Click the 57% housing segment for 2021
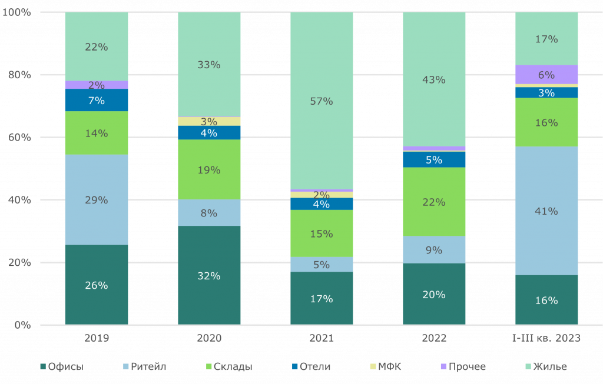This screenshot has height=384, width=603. coord(322,101)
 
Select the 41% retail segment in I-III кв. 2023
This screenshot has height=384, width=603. coord(546,211)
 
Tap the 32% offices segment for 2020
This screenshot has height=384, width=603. coord(209,275)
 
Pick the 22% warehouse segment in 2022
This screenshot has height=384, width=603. coord(434,202)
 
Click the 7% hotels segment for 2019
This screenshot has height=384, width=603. coord(97,101)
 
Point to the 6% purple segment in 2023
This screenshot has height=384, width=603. coord(546,75)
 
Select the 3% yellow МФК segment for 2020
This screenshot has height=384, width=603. coord(209,121)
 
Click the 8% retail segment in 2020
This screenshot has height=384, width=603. coord(209,213)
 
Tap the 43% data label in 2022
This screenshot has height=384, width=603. coord(434,80)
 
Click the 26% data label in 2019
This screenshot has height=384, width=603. coord(97,285)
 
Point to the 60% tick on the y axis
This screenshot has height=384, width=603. coord(19,138)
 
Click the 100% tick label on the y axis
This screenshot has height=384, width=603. coord(17,12)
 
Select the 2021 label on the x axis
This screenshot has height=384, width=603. coord(322,338)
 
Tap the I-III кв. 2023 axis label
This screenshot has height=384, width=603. coord(546,338)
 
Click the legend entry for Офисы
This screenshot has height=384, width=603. coord(61,367)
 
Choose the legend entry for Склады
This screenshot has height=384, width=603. coord(228,367)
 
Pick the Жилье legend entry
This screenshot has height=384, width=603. coord(546,367)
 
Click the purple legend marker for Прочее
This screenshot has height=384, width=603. coord(443,367)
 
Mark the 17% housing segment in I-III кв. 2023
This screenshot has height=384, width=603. coord(546,39)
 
